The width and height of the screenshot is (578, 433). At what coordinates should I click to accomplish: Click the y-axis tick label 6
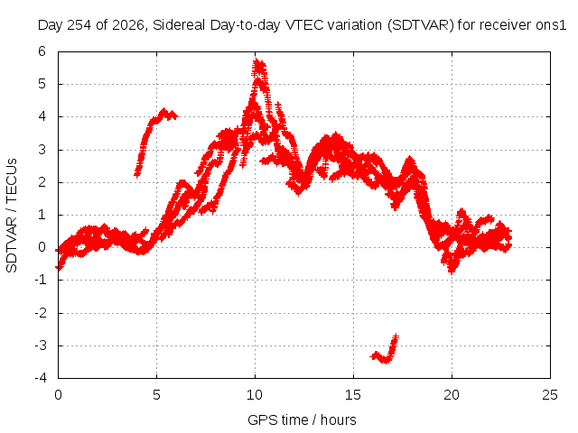(42, 51)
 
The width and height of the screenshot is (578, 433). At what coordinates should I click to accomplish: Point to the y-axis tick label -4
(41, 378)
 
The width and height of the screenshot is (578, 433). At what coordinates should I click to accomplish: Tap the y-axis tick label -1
(41, 280)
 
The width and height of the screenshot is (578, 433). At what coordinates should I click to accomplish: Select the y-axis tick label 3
(42, 150)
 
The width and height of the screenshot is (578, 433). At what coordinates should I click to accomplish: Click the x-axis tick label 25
(550, 395)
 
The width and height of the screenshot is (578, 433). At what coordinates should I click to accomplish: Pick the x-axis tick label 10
(255, 395)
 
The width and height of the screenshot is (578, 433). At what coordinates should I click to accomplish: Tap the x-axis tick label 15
(353, 395)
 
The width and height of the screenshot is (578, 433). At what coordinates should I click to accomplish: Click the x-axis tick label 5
(156, 395)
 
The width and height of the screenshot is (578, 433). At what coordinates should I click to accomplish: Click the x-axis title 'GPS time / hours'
(302, 419)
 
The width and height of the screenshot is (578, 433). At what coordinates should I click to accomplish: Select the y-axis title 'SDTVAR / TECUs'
(12, 216)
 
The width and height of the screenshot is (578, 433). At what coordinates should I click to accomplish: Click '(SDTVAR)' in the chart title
(421, 25)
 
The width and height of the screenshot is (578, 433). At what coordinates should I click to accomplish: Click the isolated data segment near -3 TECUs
(385, 351)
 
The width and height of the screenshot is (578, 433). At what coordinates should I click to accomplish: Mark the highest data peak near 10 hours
(258, 63)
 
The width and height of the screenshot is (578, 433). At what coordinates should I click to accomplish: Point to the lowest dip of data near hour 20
(452, 272)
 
